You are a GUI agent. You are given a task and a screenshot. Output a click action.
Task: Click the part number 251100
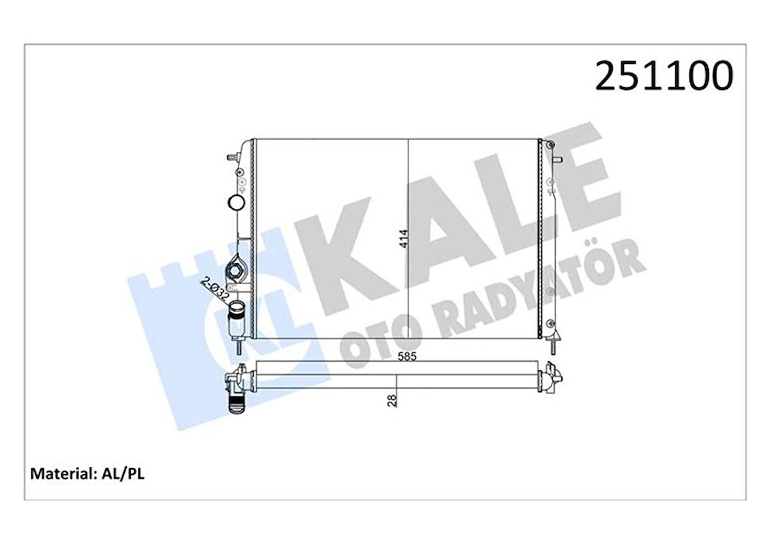pos(663,76)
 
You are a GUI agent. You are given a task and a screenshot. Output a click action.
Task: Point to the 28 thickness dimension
pos(391,400)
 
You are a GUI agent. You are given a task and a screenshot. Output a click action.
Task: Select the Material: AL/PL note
pos(88,473)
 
